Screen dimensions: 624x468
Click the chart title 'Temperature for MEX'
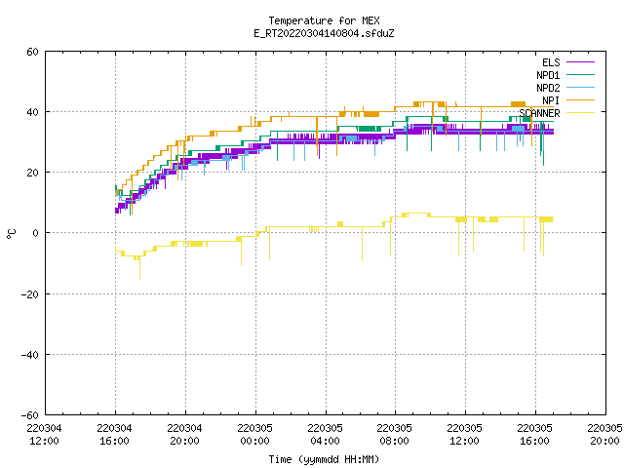pos(324,20)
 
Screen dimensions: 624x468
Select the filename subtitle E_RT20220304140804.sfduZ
pos(324,33)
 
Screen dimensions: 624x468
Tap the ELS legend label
pos(551,62)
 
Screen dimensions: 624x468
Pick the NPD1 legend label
pos(548,75)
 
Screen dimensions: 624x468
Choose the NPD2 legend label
pos(548,88)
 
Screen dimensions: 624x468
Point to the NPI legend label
pos(551,100)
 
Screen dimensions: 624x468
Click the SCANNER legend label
pos(539,113)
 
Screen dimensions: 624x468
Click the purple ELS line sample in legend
pos(581,62)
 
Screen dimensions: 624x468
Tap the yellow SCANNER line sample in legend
pos(581,113)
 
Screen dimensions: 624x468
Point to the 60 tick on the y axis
pos(32,52)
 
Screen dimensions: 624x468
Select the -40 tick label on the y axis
pos(30,355)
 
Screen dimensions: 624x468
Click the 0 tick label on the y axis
pos(36,233)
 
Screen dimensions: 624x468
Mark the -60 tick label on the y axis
pos(30,415)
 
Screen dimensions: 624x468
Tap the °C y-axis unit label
pos(12,234)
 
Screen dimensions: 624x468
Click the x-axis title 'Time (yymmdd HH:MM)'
pos(324,459)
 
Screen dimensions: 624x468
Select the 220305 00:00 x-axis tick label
pos(255,435)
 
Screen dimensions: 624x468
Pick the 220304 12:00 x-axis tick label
pos(45,435)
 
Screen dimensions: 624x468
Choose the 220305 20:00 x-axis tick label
pos(604,435)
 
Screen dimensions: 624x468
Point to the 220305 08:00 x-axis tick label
pos(395,435)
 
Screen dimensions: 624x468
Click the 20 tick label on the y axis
pos(32,173)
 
